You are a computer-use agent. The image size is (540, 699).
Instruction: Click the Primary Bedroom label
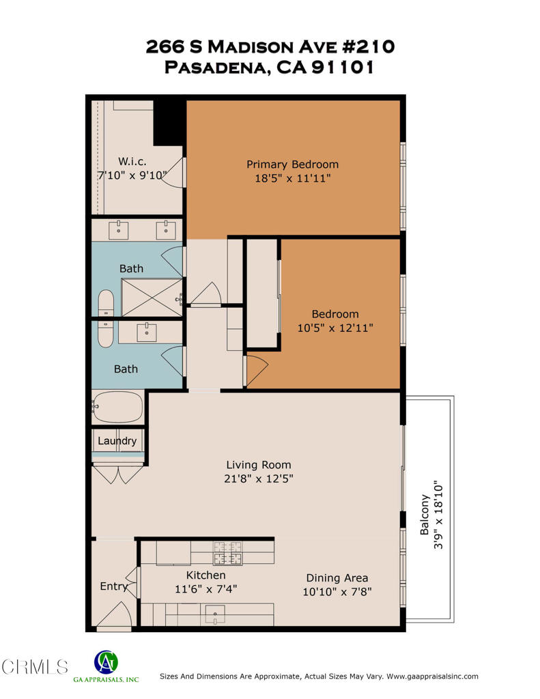[292, 165]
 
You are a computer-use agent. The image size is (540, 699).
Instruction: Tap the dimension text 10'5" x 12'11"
[335, 328]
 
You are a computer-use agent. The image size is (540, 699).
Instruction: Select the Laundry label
[117, 441]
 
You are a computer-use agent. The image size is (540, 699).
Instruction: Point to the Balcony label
[424, 515]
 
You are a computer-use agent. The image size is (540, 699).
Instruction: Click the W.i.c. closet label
[132, 162]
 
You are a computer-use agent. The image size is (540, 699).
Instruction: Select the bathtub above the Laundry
[117, 407]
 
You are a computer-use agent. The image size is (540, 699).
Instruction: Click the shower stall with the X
[152, 298]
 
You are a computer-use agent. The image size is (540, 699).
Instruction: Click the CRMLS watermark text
[35, 667]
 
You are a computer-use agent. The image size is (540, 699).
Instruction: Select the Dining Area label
[337, 577]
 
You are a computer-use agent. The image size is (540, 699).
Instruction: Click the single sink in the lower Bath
[147, 332]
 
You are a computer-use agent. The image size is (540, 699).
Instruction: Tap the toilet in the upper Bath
[106, 302]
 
